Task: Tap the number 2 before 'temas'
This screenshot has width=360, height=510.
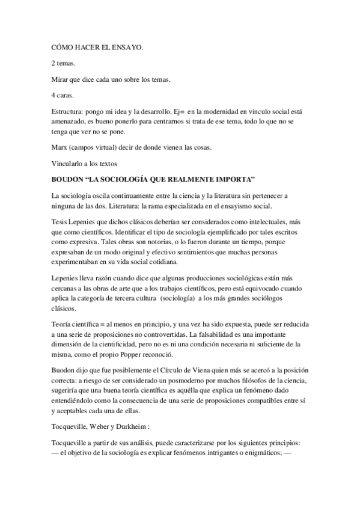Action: (x=53, y=63)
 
